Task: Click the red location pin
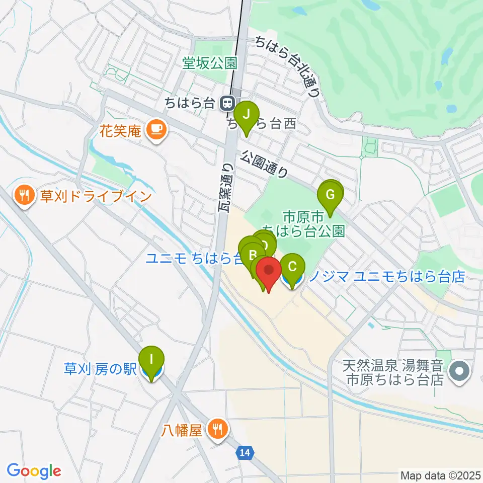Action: [268, 272]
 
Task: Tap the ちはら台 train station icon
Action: [228, 104]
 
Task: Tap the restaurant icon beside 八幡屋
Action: [218, 430]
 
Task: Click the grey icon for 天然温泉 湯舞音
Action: [459, 372]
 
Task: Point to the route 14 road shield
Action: [245, 453]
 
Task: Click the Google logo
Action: [34, 471]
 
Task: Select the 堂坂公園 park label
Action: [209, 63]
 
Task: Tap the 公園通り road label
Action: [264, 165]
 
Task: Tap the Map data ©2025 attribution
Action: [440, 475]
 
